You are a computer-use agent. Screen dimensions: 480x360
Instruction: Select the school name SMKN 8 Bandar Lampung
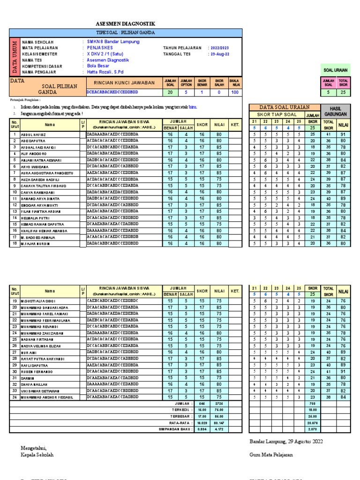[x=113, y=42]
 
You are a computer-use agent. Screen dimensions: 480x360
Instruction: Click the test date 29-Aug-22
[x=219, y=54]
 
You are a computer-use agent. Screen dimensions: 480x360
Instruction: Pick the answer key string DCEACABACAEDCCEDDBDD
[x=112, y=93]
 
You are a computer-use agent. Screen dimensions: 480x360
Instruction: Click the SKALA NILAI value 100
[x=234, y=93]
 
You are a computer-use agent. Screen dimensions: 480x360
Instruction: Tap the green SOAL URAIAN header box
[x=336, y=70]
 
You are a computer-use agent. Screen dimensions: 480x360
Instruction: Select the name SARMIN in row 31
[x=27, y=378]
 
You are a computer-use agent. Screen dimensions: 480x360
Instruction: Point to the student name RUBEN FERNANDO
[x=36, y=372]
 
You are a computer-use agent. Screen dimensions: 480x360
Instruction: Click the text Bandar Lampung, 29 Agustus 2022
[x=285, y=442]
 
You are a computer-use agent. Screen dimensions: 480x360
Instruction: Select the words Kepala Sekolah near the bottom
[x=37, y=455]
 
